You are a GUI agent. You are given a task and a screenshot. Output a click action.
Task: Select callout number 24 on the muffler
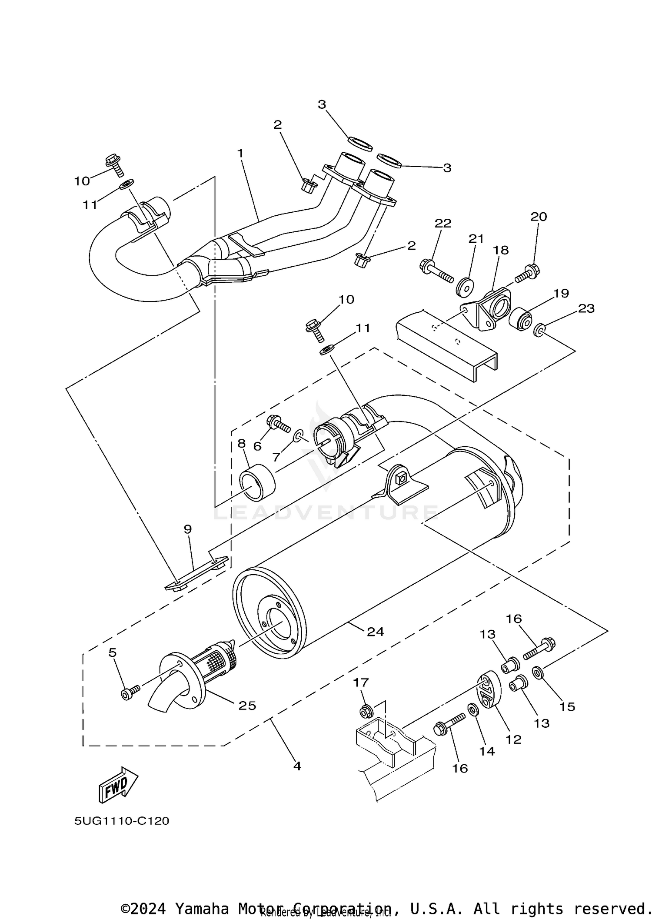pyautogui.click(x=375, y=632)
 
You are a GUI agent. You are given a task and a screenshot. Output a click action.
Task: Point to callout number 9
pyautogui.click(x=187, y=529)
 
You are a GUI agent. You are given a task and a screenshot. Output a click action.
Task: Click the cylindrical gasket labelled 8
pyautogui.click(x=257, y=482)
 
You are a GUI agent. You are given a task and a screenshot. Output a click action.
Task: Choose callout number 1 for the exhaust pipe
pyautogui.click(x=240, y=153)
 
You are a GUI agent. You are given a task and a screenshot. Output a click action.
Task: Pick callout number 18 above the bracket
pyautogui.click(x=501, y=250)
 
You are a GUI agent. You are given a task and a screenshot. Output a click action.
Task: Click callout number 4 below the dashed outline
pyautogui.click(x=297, y=766)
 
